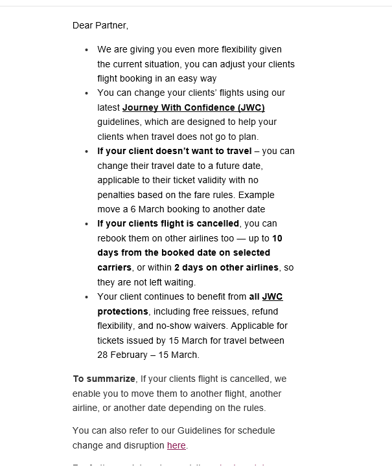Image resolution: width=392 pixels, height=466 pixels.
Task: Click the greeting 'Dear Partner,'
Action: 100,25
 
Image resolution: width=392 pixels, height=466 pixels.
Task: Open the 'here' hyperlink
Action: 176,445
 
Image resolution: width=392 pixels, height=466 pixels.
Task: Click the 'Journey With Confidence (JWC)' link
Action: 193,107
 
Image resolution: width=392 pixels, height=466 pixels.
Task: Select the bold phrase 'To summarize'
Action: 104,379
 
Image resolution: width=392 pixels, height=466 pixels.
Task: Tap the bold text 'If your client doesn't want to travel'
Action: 174,151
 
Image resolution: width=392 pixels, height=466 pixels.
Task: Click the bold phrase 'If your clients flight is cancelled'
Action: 168,224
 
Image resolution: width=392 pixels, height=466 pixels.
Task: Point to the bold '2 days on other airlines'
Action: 226,267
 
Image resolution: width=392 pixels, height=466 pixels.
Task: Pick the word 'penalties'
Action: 117,195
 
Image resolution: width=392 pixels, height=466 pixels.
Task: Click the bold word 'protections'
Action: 122,311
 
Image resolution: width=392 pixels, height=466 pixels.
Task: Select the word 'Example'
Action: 259,195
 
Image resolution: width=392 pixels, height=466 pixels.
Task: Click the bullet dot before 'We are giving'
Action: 87,49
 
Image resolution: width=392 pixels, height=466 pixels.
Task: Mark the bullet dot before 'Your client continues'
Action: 87,296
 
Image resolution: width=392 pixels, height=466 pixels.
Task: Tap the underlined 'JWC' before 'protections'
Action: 272,296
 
